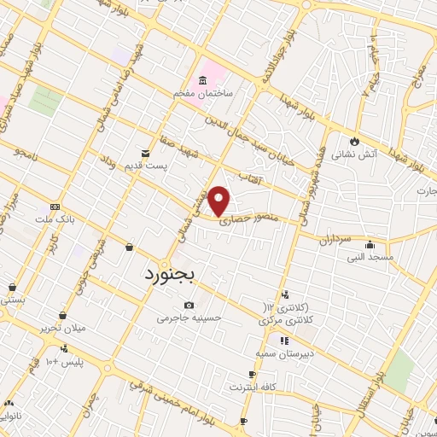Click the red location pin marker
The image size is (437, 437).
click(220, 201)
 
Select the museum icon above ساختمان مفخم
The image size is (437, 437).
click(201, 80)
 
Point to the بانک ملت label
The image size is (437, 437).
click(56, 219)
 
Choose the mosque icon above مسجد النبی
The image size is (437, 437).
click(370, 243)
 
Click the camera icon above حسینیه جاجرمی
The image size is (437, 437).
click(189, 306)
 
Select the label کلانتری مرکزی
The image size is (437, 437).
click(287, 320)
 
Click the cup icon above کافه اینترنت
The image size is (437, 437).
click(252, 374)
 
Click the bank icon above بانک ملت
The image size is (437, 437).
click(55, 207)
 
